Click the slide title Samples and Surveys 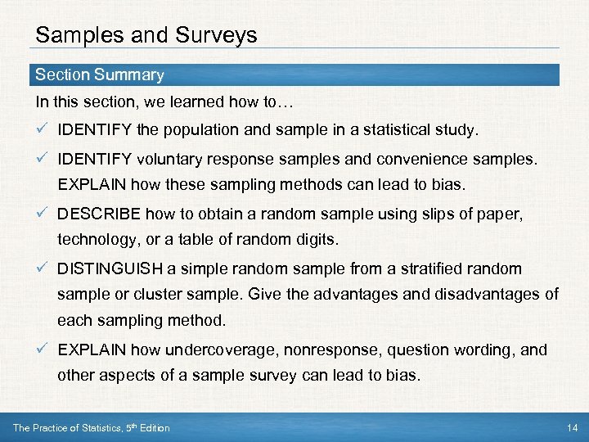[146, 35]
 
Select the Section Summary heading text [100, 74]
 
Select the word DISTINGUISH [109, 268]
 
